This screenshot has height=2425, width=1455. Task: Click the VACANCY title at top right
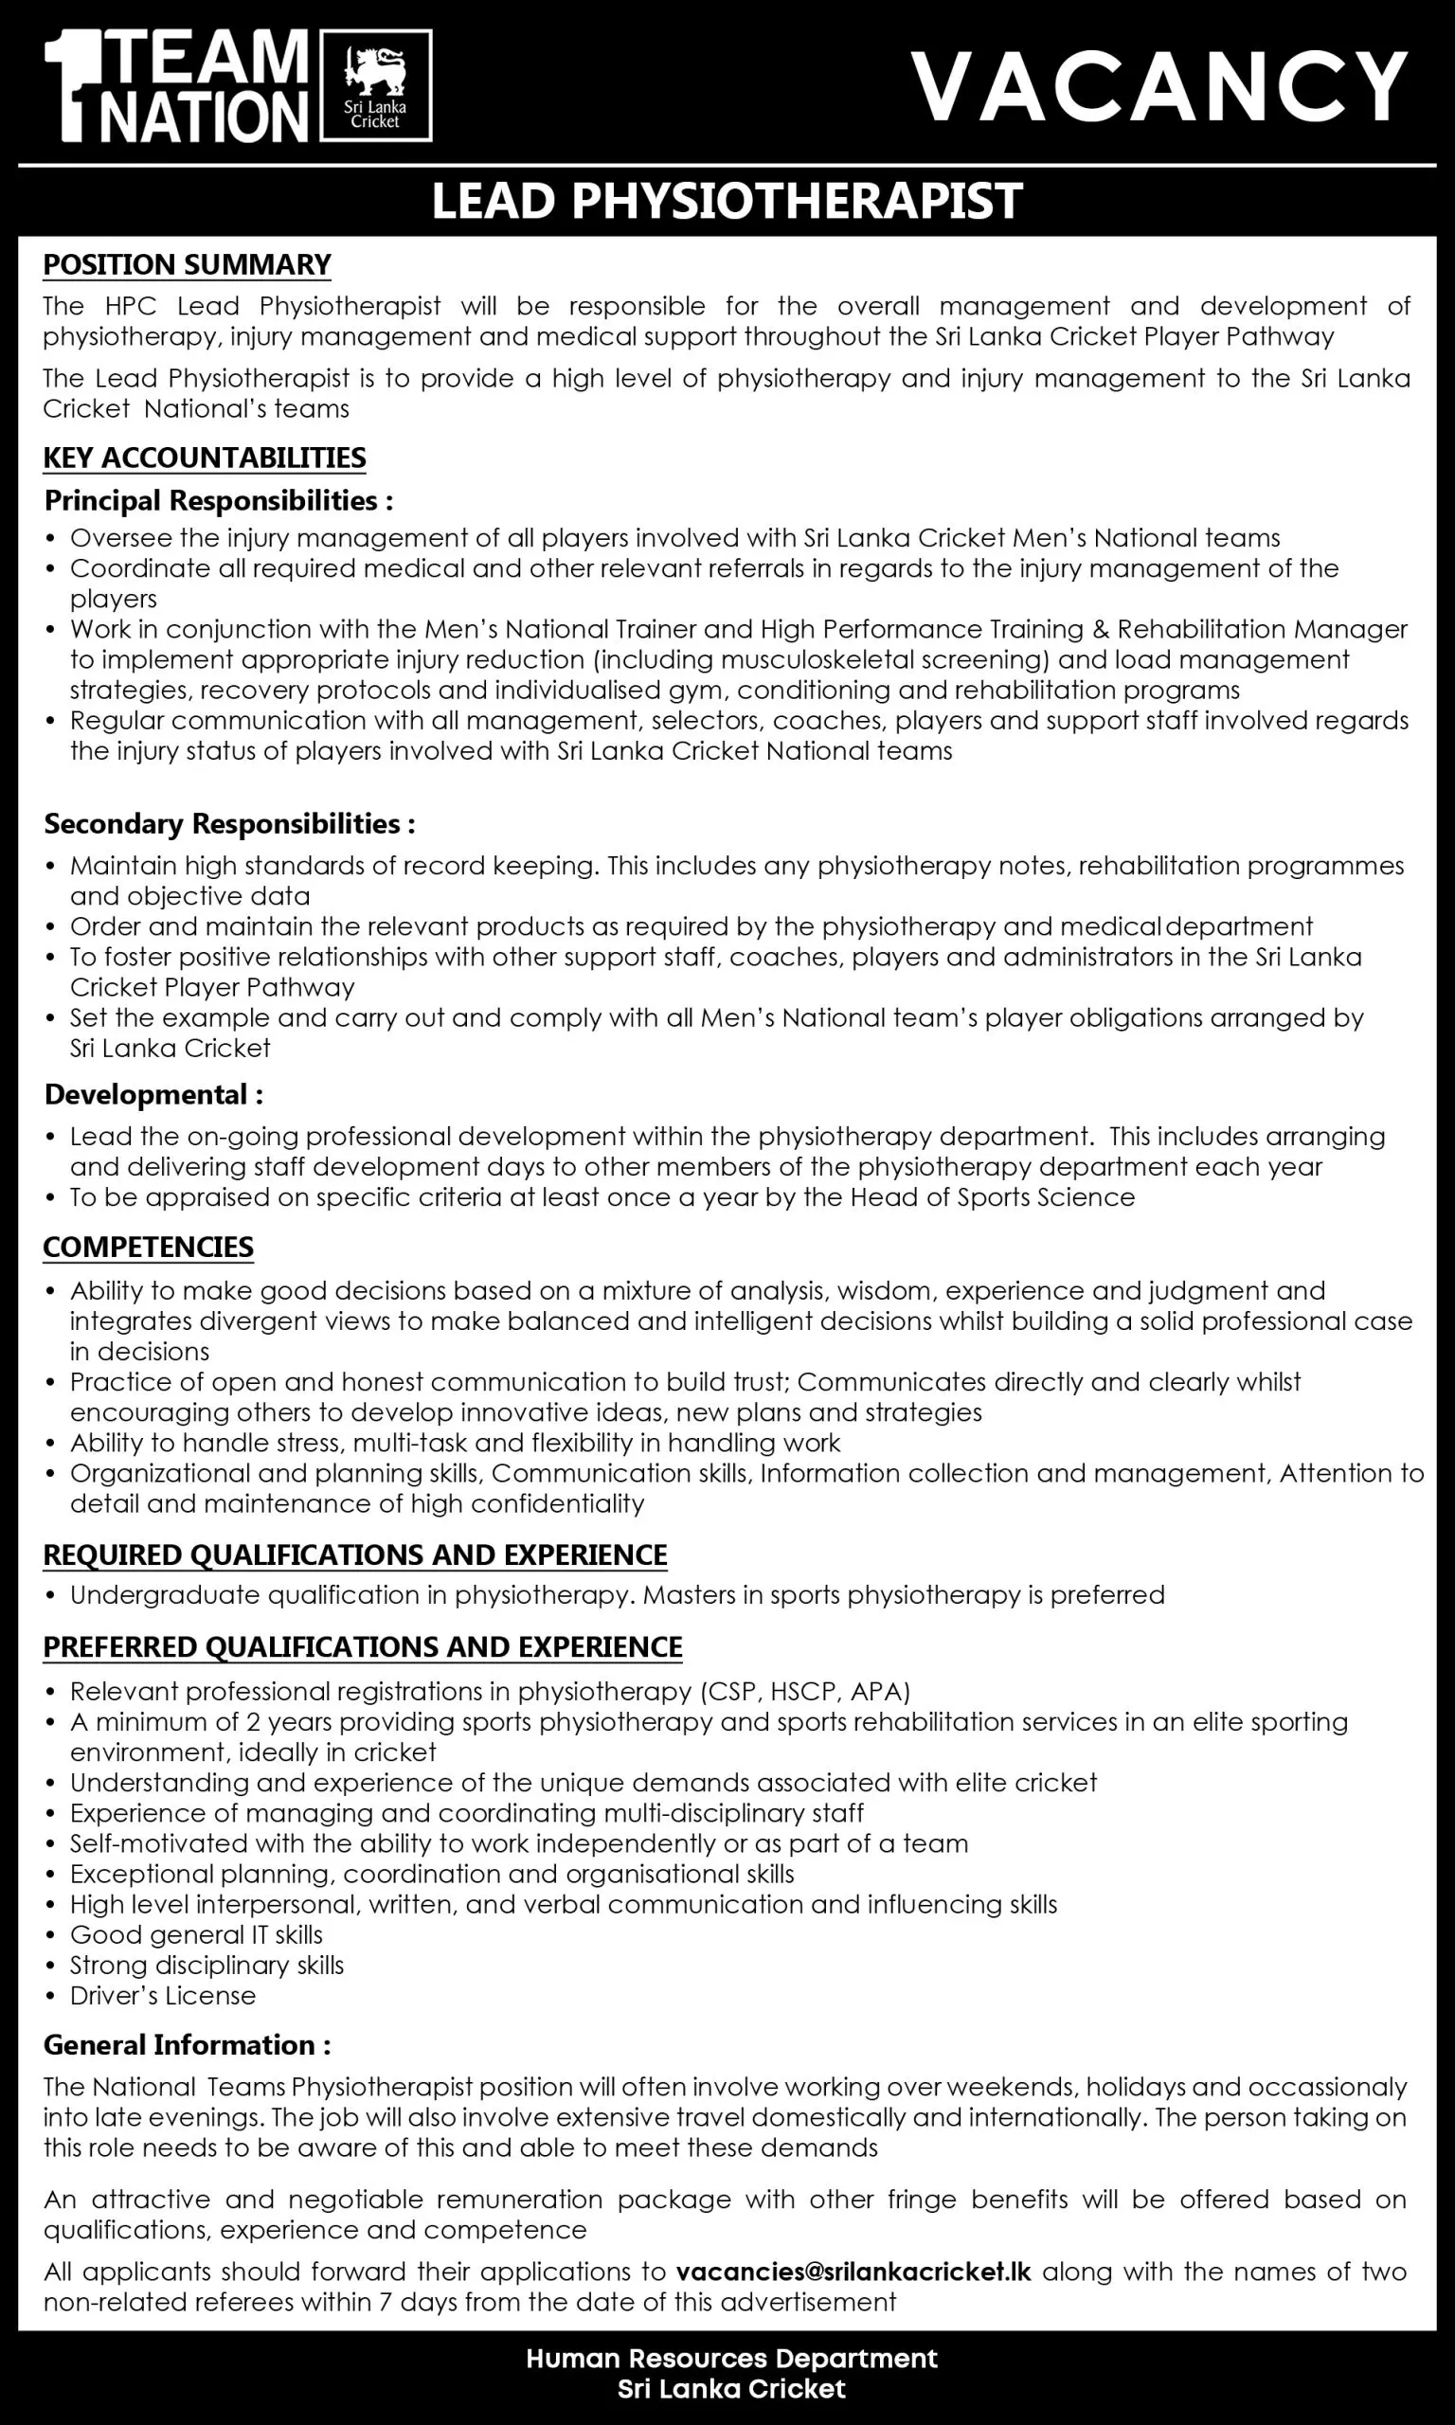1159,87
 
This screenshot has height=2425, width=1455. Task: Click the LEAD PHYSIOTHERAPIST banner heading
727,201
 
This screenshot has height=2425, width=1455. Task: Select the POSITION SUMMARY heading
187,264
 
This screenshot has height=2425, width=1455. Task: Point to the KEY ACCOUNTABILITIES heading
204,458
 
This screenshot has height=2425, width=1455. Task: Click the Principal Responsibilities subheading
218,501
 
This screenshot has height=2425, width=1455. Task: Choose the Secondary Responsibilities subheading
229,823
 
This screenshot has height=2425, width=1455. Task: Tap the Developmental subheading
153,1094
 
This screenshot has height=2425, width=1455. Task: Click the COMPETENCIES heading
148,1247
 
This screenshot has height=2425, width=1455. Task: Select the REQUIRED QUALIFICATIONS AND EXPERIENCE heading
355,1554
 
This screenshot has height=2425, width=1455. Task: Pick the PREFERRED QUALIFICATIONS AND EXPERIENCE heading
363,1646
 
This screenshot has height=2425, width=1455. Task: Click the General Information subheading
188,2045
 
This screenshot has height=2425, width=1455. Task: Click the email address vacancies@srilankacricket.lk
853,2272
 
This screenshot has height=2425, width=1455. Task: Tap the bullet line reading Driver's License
163,1995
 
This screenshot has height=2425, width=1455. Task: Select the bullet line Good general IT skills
196,1934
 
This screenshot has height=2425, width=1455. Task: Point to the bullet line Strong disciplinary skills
207,1965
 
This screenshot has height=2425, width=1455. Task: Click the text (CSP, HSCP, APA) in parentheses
805,1691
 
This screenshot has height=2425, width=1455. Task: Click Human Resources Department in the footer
731,2359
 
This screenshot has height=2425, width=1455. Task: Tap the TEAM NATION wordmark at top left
181,86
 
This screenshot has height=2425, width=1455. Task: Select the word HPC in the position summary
129,306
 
